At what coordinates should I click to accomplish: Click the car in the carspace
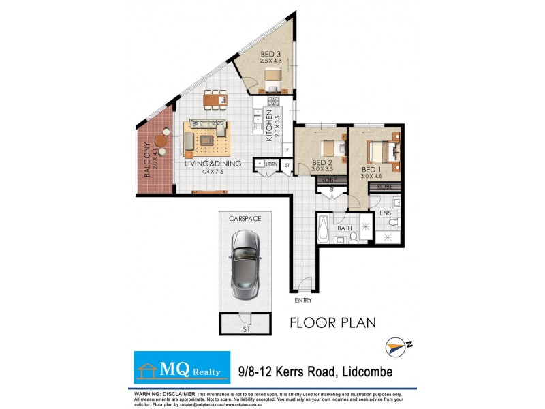pos(244,262)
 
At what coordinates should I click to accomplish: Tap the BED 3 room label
pos(270,55)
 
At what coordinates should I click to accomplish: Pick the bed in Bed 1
pos(382,151)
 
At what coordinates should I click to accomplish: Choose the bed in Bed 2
pos(330,147)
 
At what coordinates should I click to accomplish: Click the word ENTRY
pos(303,300)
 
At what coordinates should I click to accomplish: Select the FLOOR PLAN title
pos(332,322)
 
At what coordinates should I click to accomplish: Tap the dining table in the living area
pos(215,100)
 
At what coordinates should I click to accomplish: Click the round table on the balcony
pos(161,142)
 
